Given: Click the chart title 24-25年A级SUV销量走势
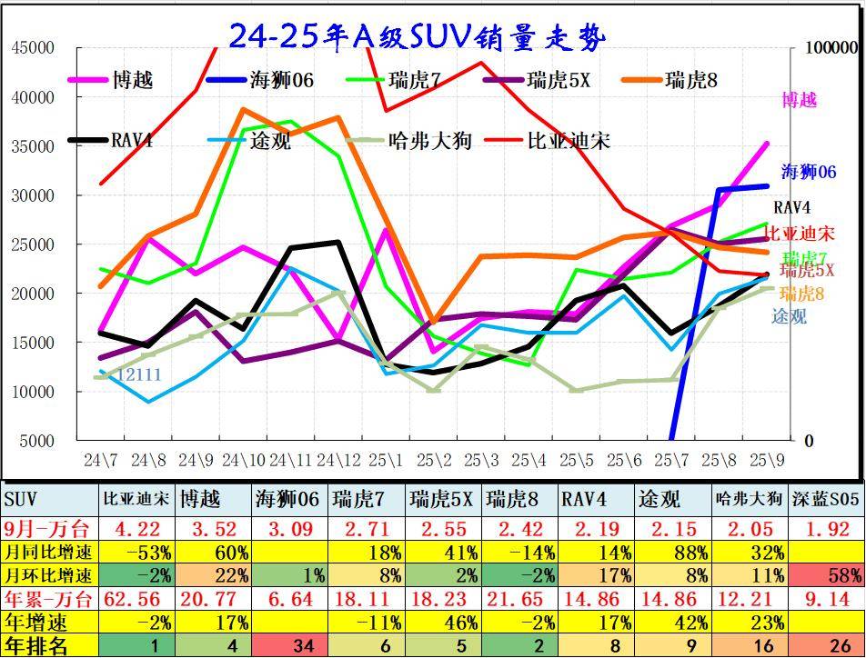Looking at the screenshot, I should (417, 36).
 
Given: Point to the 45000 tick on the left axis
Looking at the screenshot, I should (33, 48).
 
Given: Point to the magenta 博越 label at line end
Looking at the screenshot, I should (800, 101).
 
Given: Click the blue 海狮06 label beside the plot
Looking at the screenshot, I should (808, 172).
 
